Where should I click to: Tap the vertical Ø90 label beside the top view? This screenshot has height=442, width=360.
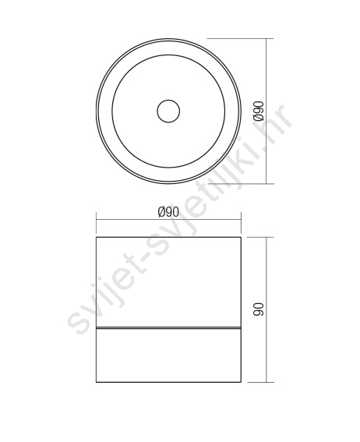(x=258, y=111)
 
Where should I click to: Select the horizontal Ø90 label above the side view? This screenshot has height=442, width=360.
(x=168, y=212)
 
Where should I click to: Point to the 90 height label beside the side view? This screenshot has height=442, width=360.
(x=258, y=309)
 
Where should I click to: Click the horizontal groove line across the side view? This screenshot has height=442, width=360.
(x=168, y=328)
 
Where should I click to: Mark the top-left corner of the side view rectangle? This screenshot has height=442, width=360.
(x=97, y=237)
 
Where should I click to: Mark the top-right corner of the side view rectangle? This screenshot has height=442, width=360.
(x=241, y=237)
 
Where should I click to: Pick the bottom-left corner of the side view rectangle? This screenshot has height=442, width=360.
(x=97, y=382)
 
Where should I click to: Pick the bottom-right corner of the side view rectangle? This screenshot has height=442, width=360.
(x=241, y=382)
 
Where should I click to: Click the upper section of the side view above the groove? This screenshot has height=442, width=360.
(x=168, y=282)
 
